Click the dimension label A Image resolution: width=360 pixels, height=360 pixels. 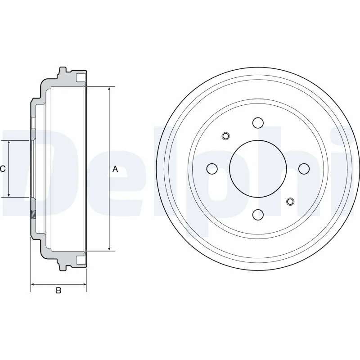coord(115,169)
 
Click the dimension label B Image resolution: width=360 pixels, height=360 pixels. coord(58,291)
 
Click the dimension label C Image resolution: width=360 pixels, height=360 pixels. coord(3,169)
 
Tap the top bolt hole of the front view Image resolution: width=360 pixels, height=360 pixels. coord(258,122)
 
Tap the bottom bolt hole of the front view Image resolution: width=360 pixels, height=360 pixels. coord(258,214)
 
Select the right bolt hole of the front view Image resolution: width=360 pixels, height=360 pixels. coord(304,168)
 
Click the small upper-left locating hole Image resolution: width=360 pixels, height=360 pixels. coord(226,135)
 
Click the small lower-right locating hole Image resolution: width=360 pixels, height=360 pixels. coord(290,201)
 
